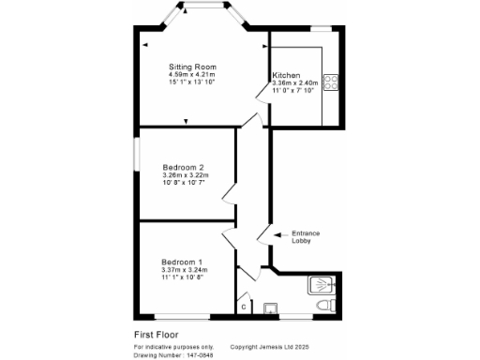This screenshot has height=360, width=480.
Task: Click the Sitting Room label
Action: pos(192,67)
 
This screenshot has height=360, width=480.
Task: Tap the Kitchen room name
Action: pos(286,75)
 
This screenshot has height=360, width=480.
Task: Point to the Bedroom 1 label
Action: pos(182,262)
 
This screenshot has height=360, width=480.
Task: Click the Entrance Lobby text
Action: pos(307,237)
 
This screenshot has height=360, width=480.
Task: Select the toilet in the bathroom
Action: pos(322,307)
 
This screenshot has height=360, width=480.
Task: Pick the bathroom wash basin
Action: pos(273,307)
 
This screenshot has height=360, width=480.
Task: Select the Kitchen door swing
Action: pos(262,94)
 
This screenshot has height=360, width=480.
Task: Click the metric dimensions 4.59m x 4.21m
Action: pos(193,76)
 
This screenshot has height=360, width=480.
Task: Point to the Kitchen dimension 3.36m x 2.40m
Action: pos(295,83)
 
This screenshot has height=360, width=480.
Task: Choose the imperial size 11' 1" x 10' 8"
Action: pos(182,278)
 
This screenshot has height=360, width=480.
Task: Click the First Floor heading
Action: pos(156,334)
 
